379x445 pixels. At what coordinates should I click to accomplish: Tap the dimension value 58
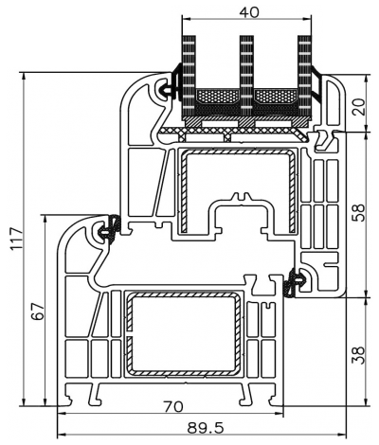click(x=358, y=214)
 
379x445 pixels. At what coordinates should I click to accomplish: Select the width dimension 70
click(x=171, y=408)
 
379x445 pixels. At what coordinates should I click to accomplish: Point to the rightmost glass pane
click(x=304, y=66)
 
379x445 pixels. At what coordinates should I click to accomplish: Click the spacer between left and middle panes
click(x=217, y=97)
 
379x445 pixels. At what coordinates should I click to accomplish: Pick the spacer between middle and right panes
click(x=276, y=97)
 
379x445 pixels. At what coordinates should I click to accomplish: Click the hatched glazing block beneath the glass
click(x=246, y=121)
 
